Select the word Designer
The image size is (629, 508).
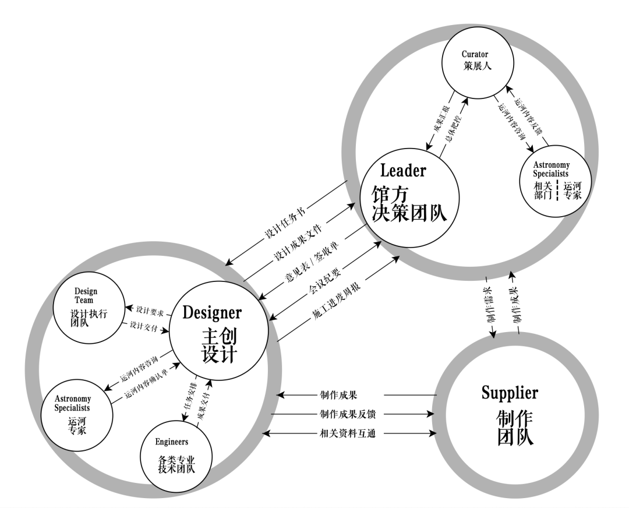pos(212,312)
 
